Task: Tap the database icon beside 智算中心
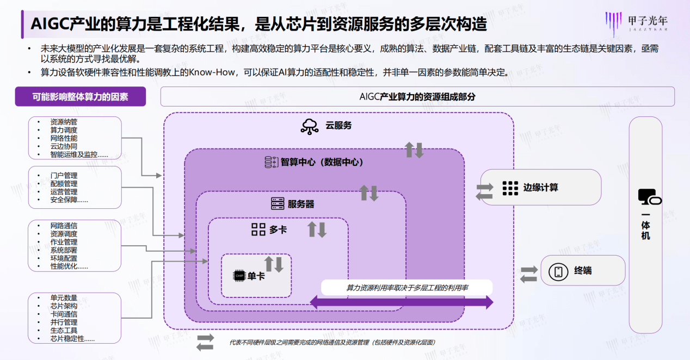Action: click(270, 162)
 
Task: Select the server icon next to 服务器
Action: click(278, 204)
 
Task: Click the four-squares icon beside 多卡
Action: click(258, 229)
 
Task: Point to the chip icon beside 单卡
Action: click(239, 276)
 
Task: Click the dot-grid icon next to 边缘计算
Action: click(510, 188)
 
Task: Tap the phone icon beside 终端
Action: click(558, 271)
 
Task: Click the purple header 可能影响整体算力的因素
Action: click(80, 97)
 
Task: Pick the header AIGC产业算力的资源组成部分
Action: click(417, 97)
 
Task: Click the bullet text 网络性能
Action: click(64, 138)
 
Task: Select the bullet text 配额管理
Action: click(64, 184)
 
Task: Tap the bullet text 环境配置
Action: click(64, 258)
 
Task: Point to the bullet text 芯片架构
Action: click(64, 306)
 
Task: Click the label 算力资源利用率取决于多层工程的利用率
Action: click(407, 287)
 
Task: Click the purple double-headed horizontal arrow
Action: click(402, 302)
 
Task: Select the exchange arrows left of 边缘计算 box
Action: click(484, 191)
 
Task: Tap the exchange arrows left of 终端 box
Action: click(528, 274)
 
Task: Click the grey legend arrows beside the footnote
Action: click(205, 342)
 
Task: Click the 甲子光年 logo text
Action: click(647, 21)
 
